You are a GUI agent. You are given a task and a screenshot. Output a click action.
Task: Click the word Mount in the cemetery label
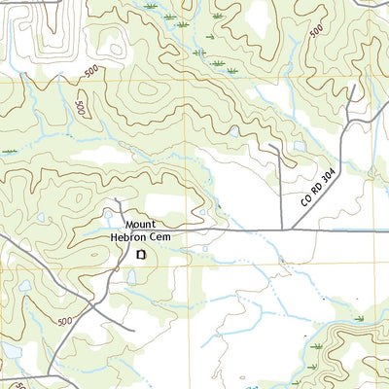click(140, 222)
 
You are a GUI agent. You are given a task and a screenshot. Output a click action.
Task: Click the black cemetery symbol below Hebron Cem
click(141, 254)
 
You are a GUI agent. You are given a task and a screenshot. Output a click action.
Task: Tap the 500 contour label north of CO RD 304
click(316, 32)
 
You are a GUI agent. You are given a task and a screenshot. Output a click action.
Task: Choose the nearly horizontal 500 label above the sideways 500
click(90, 71)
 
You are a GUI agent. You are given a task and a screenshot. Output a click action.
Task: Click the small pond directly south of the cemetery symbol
click(130, 277)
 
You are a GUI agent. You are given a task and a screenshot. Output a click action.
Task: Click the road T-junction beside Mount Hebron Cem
click(119, 232)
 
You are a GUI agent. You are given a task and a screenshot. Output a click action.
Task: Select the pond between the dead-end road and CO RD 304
click(300, 147)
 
